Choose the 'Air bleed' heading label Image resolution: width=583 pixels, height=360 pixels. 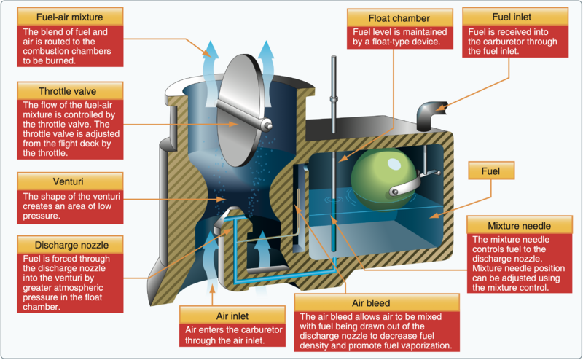click(376, 302)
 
